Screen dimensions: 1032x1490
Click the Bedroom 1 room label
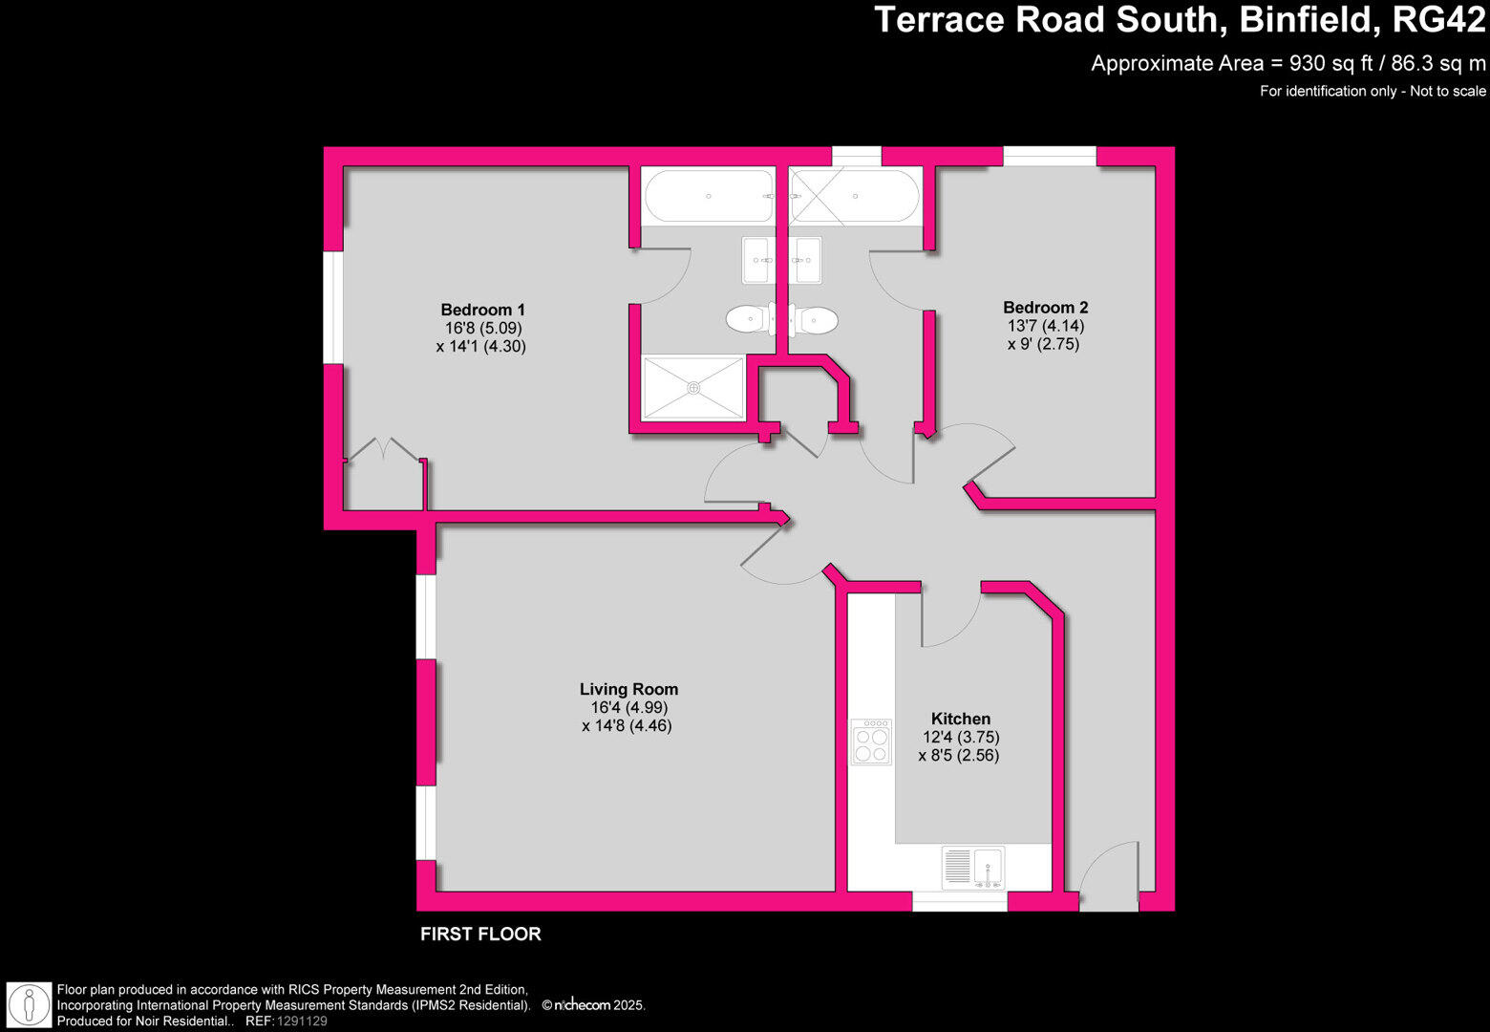click(482, 310)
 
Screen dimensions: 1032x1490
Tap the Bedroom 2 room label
click(1045, 308)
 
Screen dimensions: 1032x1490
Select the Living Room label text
click(628, 689)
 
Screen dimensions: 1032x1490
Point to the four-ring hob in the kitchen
click(871, 742)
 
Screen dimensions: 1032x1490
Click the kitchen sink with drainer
click(972, 868)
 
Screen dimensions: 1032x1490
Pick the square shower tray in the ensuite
click(693, 387)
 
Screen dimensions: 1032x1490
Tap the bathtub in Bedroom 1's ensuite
click(709, 196)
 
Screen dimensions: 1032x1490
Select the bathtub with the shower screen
click(856, 196)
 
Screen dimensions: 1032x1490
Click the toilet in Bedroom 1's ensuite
click(750, 319)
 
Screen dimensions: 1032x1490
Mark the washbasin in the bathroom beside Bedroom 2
click(808, 260)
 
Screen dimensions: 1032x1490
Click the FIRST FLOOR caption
click(480, 935)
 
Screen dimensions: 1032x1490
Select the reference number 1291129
click(302, 1021)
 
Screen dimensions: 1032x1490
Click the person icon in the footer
click(29, 1005)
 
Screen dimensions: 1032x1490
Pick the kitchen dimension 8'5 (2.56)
click(959, 756)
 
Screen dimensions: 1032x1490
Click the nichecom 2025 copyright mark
click(593, 1005)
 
